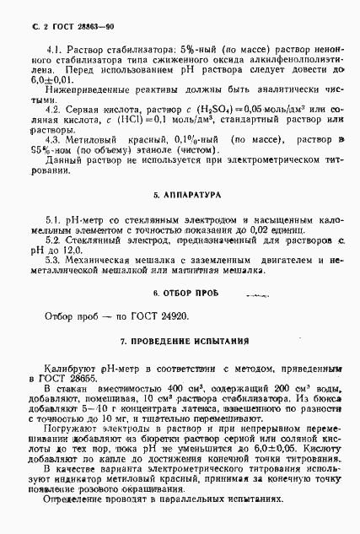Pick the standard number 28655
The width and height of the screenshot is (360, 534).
tap(86, 380)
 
